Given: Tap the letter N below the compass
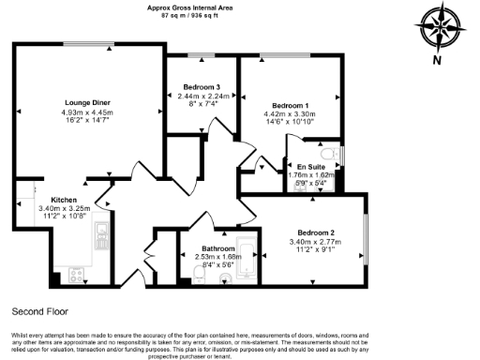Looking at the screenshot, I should coord(436,62).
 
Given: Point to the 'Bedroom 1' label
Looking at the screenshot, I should coord(291,105).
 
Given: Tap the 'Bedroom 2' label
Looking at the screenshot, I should coord(317,232).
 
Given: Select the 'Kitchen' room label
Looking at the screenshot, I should coord(64,200).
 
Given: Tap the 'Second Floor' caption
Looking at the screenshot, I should coord(39,310).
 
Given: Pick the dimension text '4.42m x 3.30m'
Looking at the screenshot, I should coord(291,113).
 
